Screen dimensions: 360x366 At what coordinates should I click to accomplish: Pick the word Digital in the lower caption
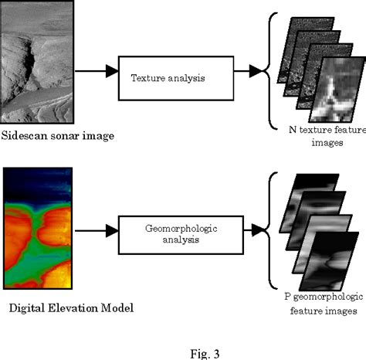(x=28, y=308)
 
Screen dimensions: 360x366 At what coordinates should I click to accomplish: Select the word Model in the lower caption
(x=120, y=308)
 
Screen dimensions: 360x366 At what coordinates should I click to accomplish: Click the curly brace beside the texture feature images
(x=271, y=73)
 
